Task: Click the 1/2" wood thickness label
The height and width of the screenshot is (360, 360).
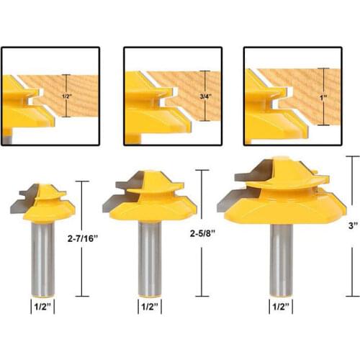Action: click(x=67, y=96)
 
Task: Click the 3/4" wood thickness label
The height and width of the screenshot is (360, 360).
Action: click(x=206, y=96)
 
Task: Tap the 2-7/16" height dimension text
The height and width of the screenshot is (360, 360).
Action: click(x=83, y=238)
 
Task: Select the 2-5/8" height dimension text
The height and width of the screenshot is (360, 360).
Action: click(x=202, y=233)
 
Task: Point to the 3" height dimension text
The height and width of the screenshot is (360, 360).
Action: click(x=353, y=225)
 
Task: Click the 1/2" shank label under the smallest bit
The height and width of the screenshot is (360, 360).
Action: click(x=42, y=307)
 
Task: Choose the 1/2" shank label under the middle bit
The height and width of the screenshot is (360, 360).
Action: click(x=150, y=307)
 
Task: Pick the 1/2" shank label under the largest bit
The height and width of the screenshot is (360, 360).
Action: click(x=281, y=307)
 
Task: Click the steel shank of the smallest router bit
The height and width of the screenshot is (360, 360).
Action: click(x=43, y=259)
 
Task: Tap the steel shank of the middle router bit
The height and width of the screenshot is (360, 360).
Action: click(x=150, y=258)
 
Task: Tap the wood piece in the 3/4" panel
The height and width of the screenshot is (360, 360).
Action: click(x=192, y=96)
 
